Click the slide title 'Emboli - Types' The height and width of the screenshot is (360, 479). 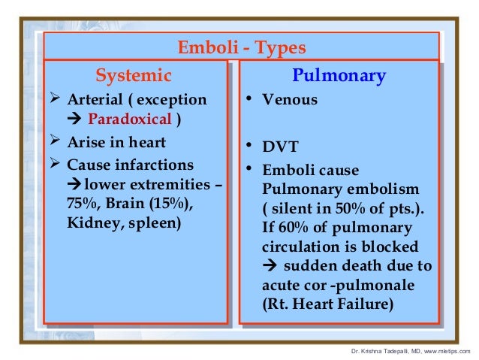(241, 48)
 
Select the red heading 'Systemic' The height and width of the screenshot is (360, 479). (134, 75)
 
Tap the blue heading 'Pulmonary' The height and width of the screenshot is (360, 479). (340, 75)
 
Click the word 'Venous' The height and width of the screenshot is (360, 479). (290, 99)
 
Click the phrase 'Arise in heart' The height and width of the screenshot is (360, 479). (116, 142)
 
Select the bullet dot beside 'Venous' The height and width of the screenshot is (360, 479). (250, 99)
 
